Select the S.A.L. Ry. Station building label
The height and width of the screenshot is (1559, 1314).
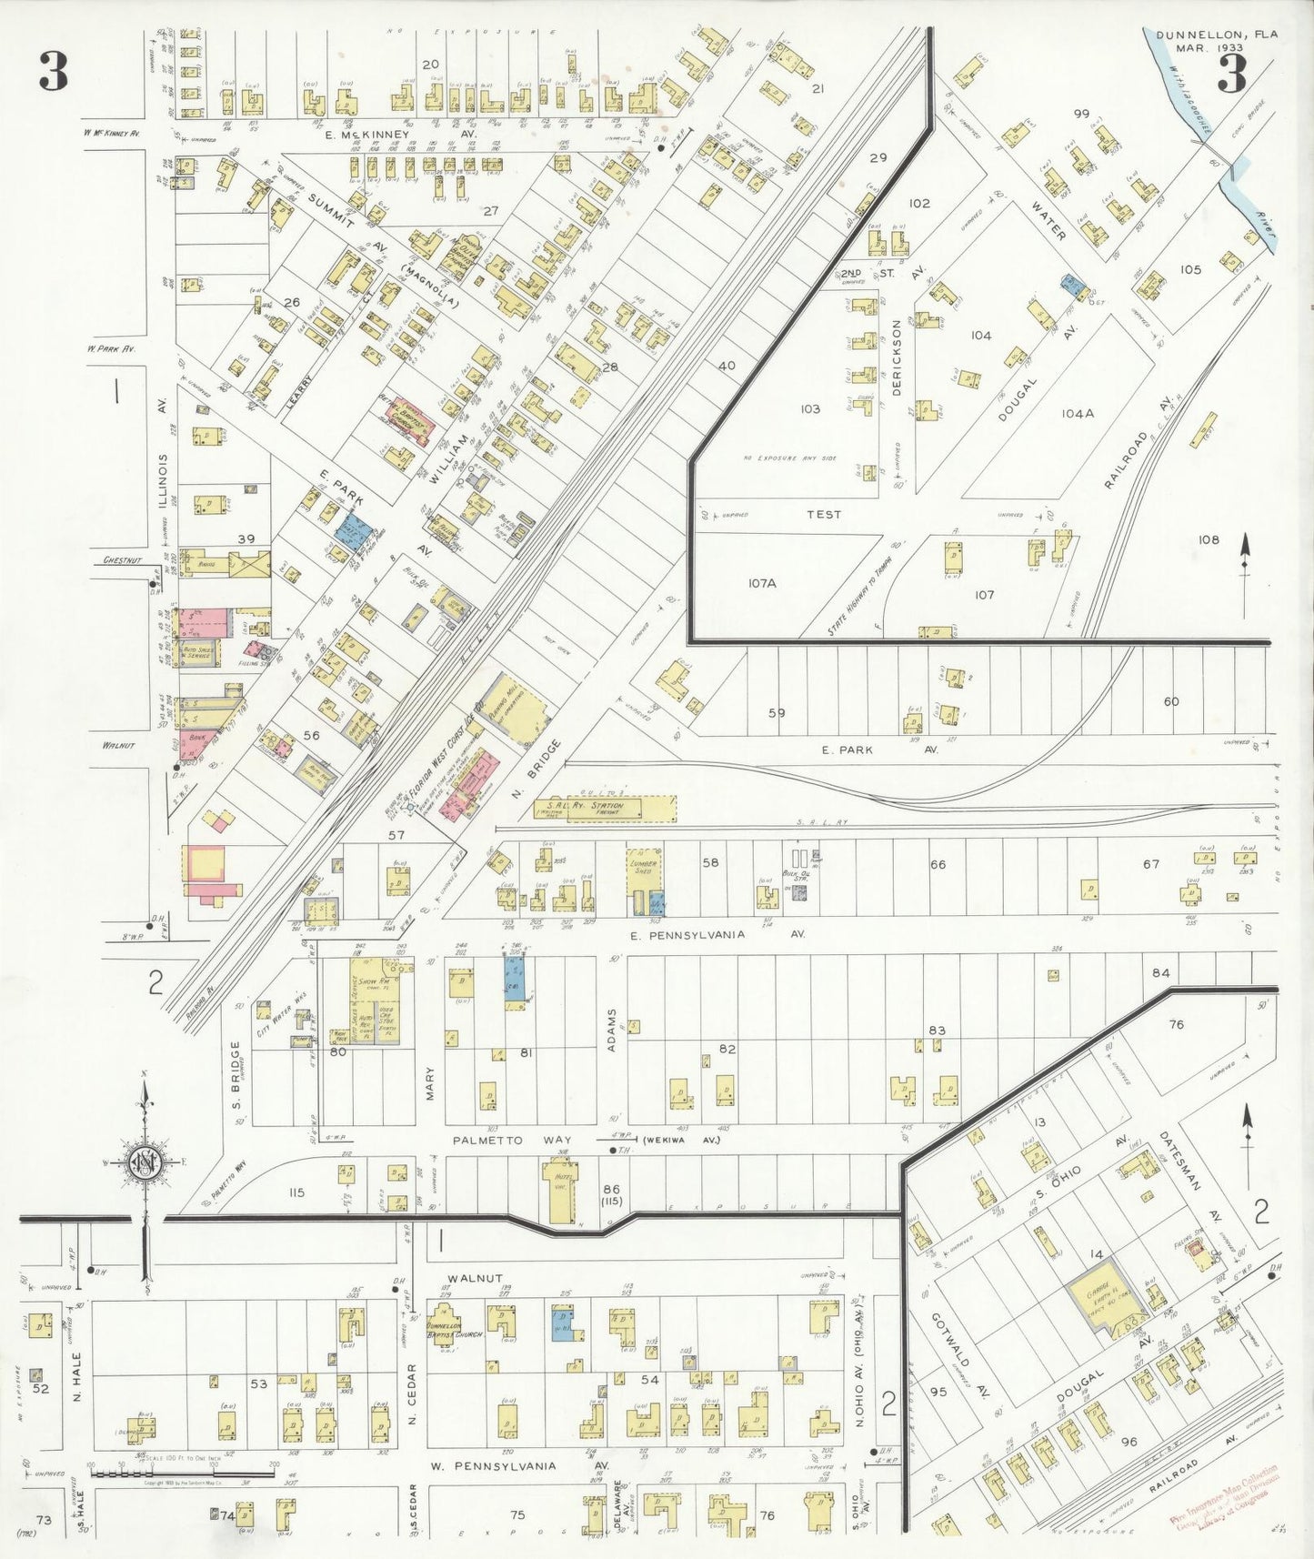click(593, 806)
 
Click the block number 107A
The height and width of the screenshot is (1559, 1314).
click(762, 583)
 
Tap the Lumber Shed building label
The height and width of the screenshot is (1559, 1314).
click(643, 863)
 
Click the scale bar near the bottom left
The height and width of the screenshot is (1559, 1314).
click(183, 1471)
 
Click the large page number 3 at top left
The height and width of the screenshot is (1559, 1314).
click(54, 72)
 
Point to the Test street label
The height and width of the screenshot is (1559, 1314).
click(824, 514)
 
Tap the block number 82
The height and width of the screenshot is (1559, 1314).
click(727, 1049)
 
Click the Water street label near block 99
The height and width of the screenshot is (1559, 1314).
click(1048, 221)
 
